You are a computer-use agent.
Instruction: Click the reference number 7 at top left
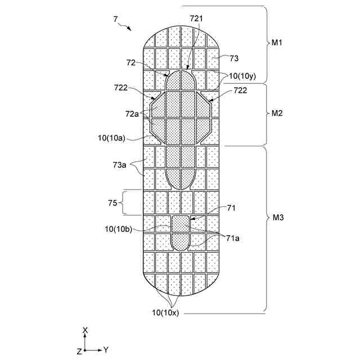coord(115,19)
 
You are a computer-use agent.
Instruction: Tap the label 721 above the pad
coord(196,19)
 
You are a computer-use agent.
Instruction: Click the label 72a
coord(132,114)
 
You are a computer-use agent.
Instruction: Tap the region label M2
coord(277,113)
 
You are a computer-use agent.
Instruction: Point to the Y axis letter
coord(106,350)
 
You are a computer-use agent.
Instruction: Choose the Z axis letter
coord(79,351)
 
